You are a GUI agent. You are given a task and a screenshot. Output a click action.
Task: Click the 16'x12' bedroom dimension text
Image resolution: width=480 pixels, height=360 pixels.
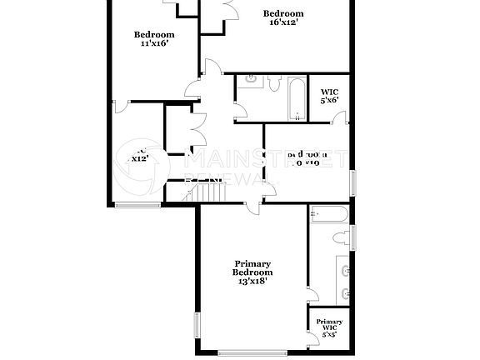point(283,22)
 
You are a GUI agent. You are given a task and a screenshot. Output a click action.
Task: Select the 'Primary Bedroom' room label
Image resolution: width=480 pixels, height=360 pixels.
point(252,267)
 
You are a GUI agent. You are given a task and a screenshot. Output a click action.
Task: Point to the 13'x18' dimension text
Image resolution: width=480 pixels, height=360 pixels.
point(252,282)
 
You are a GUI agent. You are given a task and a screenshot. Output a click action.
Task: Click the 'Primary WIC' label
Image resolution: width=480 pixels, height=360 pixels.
point(329,325)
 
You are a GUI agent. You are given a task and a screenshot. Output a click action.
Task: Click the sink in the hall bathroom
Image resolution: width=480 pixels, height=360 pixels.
point(249,82)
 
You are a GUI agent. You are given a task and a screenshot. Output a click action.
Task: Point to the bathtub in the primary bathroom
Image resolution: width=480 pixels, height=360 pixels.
point(328,215)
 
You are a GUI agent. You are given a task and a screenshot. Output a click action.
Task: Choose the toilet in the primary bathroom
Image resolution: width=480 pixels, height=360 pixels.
point(341,238)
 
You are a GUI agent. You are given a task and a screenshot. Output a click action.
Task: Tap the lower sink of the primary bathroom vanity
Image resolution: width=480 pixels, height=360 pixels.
point(345,294)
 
